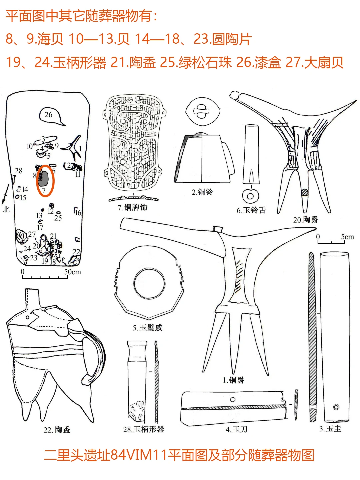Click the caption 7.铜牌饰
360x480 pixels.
tap(132, 207)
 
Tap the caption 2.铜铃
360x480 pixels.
tap(202, 192)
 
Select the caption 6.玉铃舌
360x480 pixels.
tap(251, 210)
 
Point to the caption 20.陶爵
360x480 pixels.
tap(306, 220)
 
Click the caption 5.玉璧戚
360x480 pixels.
tap(148, 328)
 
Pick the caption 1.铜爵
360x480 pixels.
tap(233, 380)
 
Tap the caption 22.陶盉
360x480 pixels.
tap(57, 430)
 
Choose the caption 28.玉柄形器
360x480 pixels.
tap(144, 429)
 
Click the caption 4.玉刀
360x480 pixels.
tap(237, 429)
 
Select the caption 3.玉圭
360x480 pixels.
tap(330, 429)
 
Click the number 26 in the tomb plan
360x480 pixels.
tap(48, 115)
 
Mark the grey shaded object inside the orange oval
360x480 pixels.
tap(43, 178)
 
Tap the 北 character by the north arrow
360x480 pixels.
tap(6, 209)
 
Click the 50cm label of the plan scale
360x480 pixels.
tap(72, 272)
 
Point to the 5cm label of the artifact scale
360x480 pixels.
tap(347, 237)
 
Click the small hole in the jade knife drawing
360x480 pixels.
tap(233, 400)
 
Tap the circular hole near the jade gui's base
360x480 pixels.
tap(336, 407)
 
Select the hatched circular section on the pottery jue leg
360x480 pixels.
tap(304, 193)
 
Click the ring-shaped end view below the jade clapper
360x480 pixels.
tap(250, 196)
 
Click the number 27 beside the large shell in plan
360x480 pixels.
tap(32, 234)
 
